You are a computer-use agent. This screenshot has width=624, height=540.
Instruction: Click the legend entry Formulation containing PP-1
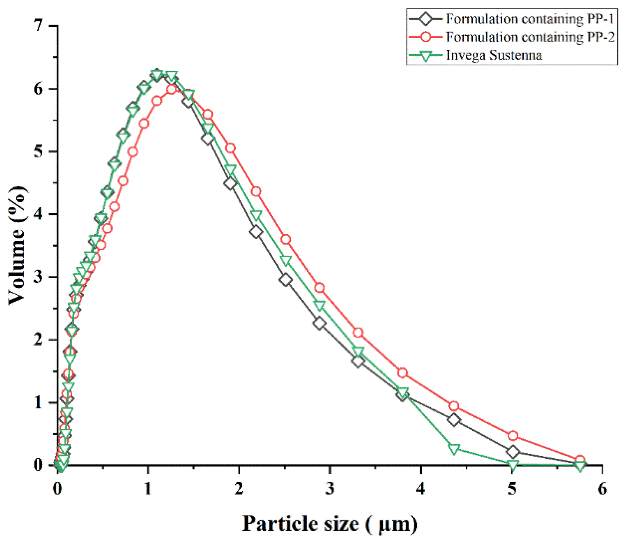[x=530, y=19]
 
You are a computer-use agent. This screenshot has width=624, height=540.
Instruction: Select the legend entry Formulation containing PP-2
[x=530, y=37]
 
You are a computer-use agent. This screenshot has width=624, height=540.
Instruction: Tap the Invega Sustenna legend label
[x=494, y=56]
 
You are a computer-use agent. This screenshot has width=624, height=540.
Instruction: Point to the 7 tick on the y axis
[x=38, y=26]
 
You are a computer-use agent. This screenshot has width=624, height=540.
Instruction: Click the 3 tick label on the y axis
[x=38, y=277]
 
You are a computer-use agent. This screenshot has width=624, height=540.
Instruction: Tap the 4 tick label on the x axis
[x=421, y=489]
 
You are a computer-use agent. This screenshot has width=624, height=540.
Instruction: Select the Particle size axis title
[x=330, y=524]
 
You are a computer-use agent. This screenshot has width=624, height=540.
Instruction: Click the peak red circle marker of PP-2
[x=171, y=89]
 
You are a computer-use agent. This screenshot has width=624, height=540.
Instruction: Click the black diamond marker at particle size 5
[x=513, y=452]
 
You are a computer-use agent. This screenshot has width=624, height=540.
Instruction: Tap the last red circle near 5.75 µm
[x=580, y=460]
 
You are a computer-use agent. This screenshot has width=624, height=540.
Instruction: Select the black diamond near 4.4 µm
[x=454, y=420]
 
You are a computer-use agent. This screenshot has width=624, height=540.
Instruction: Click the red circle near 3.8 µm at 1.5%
[x=403, y=373]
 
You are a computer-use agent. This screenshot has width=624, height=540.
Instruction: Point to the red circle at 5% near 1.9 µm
[x=230, y=148]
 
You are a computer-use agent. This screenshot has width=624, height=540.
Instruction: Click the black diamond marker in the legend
[x=426, y=19]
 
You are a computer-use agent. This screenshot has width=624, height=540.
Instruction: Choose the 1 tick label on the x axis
[x=148, y=489]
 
